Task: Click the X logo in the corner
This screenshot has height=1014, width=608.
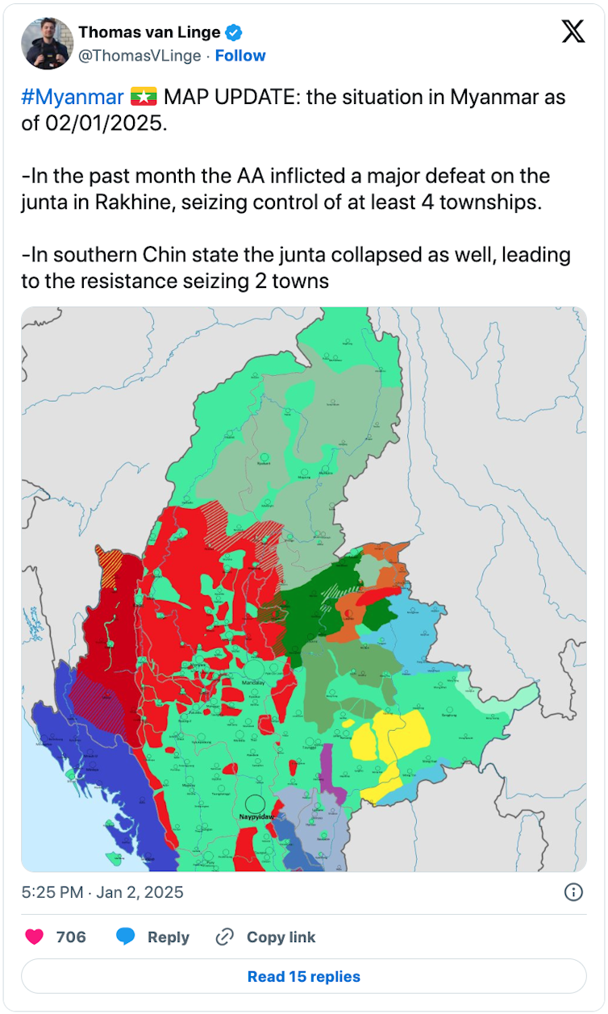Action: pyautogui.click(x=573, y=31)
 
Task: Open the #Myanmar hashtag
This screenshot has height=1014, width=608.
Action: pyautogui.click(x=73, y=98)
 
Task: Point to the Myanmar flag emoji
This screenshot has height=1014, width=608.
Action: pyautogui.click(x=144, y=98)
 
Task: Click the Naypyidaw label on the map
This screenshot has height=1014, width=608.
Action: pyautogui.click(x=256, y=817)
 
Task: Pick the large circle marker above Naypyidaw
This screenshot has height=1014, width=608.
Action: pyautogui.click(x=255, y=803)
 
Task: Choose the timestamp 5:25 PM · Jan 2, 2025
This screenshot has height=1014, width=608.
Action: pyautogui.click(x=102, y=892)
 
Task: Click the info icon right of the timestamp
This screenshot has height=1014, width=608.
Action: pyautogui.click(x=573, y=891)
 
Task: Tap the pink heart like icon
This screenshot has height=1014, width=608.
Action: pyautogui.click(x=35, y=937)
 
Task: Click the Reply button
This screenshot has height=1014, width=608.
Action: pyautogui.click(x=153, y=937)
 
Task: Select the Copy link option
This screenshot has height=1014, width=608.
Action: pyautogui.click(x=266, y=937)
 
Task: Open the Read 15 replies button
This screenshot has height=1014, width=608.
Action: pyautogui.click(x=303, y=976)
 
